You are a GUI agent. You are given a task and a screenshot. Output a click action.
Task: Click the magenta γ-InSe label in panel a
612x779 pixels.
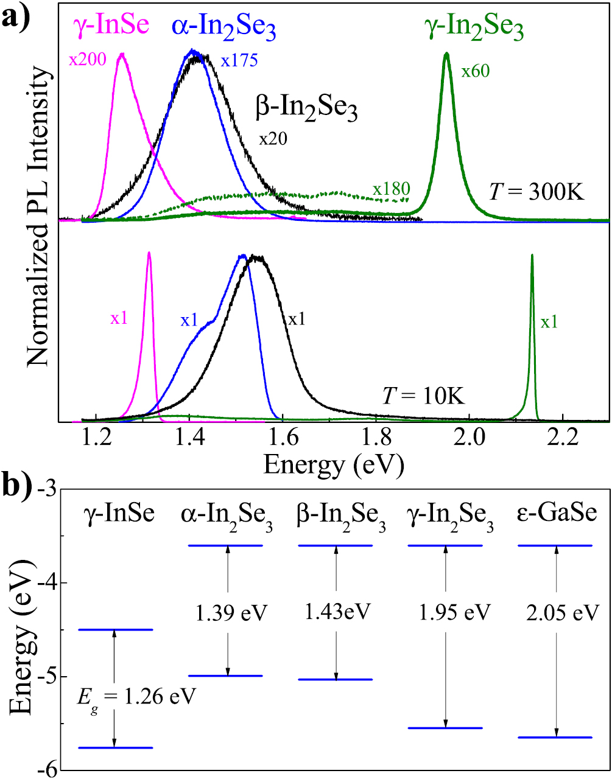click(x=111, y=26)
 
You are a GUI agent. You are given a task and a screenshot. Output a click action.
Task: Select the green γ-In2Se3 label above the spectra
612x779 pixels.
click(x=474, y=29)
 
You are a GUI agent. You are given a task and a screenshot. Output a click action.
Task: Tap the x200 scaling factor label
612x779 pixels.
click(x=87, y=59)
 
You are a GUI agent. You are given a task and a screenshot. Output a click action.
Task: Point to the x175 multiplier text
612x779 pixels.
click(x=239, y=60)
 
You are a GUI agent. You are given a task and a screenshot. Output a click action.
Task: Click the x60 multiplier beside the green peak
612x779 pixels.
click(x=475, y=71)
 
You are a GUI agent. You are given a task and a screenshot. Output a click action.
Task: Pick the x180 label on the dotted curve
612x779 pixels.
click(x=391, y=189)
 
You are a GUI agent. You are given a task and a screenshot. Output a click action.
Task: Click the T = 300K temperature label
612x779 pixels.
click(x=536, y=192)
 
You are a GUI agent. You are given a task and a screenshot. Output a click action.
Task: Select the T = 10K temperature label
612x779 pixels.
click(x=423, y=396)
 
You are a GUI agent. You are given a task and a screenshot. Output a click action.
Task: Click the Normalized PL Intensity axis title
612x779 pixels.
click(x=38, y=216)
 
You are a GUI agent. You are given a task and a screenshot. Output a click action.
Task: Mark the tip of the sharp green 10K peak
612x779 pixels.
click(x=532, y=256)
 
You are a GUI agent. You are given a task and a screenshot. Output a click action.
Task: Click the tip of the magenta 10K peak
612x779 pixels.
click(x=149, y=253)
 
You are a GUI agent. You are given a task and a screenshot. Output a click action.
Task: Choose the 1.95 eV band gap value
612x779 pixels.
click(x=454, y=612)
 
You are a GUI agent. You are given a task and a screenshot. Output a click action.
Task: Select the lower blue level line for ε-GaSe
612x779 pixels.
click(x=554, y=737)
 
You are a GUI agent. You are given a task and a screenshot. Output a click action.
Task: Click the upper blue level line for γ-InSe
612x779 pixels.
click(x=116, y=630)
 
